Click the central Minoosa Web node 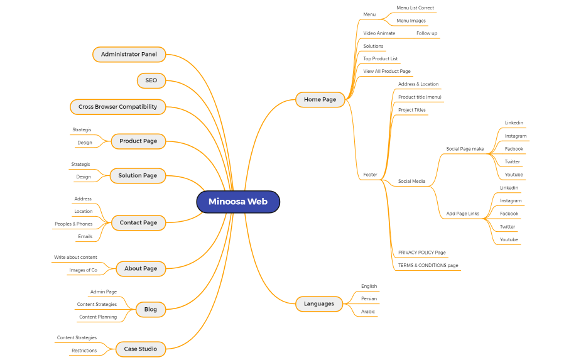pos(237,202)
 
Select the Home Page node pos(320,99)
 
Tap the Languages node pos(319,304)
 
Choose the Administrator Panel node pos(129,55)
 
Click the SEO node pos(151,80)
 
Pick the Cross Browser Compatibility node pos(117,107)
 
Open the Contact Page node pos(138,222)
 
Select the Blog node pos(150,309)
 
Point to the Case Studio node pos(140,349)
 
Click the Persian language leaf pos(369,299)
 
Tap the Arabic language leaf pos(368,312)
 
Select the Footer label pos(370,175)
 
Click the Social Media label pos(411,182)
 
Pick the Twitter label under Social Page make pos(513,161)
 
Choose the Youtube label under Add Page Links pos(509,239)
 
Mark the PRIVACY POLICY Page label pos(421,253)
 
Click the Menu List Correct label pos(415,8)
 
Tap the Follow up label pos(426,33)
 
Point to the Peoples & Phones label pos(73,224)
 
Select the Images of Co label pos(83,270)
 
